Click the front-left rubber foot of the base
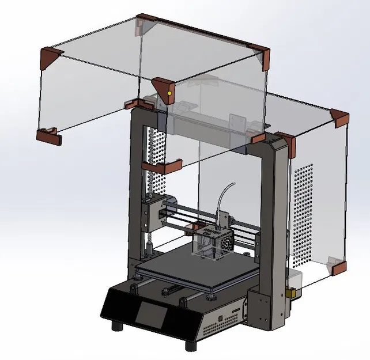[x=119, y=325]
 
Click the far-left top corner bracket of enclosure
[x=50, y=56]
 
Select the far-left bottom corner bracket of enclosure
[x=49, y=136]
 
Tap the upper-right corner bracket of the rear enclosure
[x=339, y=118]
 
